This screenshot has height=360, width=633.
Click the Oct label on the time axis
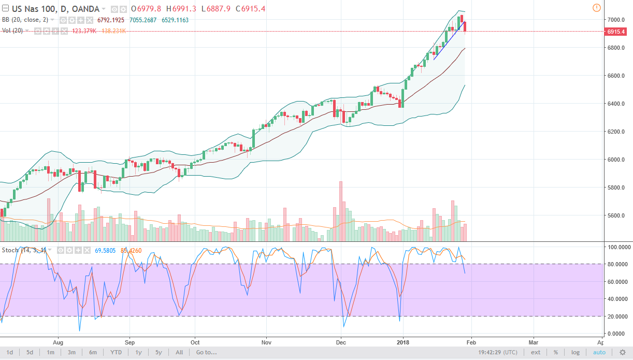pyautogui.click(x=195, y=342)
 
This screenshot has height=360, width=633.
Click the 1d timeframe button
pyautogui.click(x=10, y=353)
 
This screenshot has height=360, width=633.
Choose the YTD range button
pyautogui.click(x=116, y=353)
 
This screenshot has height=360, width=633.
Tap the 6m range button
pyautogui.click(x=93, y=353)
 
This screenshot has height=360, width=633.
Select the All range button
pyautogui.click(x=179, y=353)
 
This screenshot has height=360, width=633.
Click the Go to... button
pyautogui.click(x=206, y=353)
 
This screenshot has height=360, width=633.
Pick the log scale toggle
pyautogui.click(x=576, y=353)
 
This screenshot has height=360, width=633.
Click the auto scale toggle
pyautogui.click(x=599, y=353)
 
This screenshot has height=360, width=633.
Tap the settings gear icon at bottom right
pyautogui.click(x=623, y=353)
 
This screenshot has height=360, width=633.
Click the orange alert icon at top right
pyautogui.click(x=596, y=8)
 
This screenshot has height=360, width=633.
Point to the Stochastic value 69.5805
pyautogui.click(x=106, y=251)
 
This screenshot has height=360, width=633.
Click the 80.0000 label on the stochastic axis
pyautogui.click(x=617, y=264)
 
